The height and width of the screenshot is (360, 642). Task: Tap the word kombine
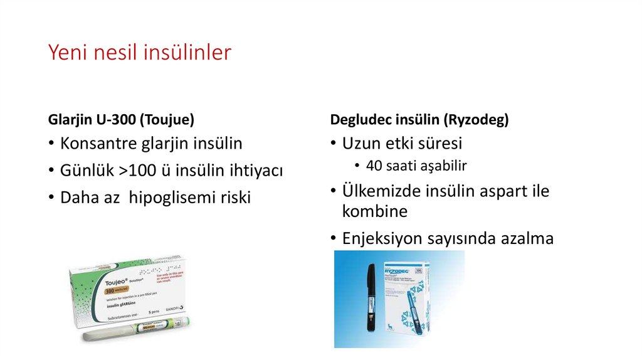tap(374, 211)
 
